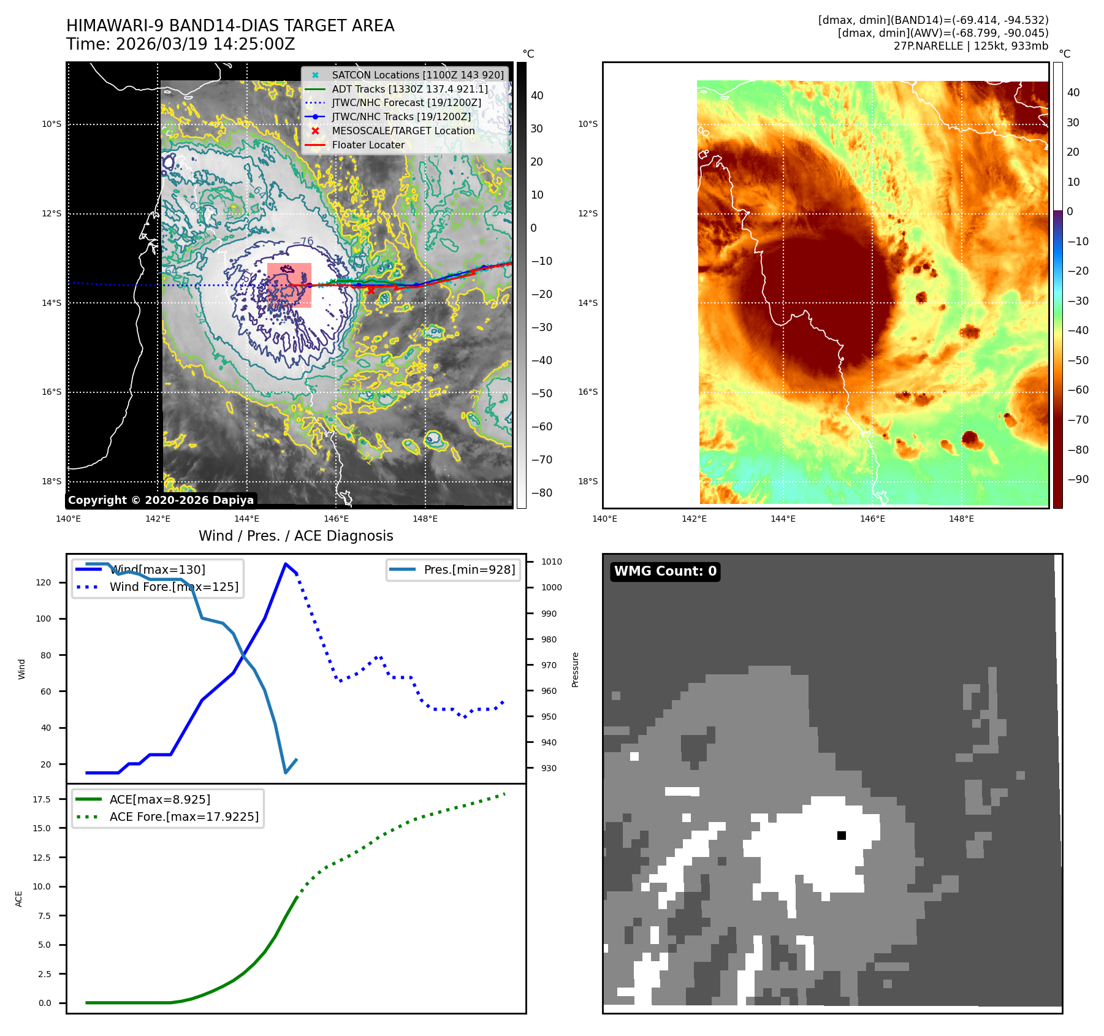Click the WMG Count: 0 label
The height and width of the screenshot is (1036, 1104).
tap(665, 571)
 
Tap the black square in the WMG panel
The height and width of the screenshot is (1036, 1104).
tap(842, 836)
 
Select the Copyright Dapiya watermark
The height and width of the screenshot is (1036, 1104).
tap(161, 500)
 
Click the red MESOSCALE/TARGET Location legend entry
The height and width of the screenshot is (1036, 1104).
tap(403, 131)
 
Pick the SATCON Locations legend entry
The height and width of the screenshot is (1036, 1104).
tap(417, 75)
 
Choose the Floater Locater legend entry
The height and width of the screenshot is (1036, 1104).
tap(368, 145)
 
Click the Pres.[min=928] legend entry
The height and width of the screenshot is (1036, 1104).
tap(469, 569)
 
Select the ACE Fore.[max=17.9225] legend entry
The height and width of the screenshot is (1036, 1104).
tap(184, 817)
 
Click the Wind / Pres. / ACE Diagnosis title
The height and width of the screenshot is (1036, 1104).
tap(296, 536)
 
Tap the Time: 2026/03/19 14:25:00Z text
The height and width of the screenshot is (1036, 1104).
tap(181, 44)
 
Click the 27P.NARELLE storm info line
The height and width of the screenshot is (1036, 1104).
tap(970, 46)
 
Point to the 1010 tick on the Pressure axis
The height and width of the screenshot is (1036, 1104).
tap(551, 562)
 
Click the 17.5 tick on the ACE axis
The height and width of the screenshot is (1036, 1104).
tap(42, 799)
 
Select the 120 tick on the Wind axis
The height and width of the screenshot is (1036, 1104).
tap(44, 582)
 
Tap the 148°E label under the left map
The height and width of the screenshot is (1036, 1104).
tap(425, 519)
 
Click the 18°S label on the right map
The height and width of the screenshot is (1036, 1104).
tap(587, 481)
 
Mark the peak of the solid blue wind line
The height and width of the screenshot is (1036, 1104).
tap(286, 564)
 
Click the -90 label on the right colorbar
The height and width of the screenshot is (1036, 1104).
tap(1078, 479)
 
